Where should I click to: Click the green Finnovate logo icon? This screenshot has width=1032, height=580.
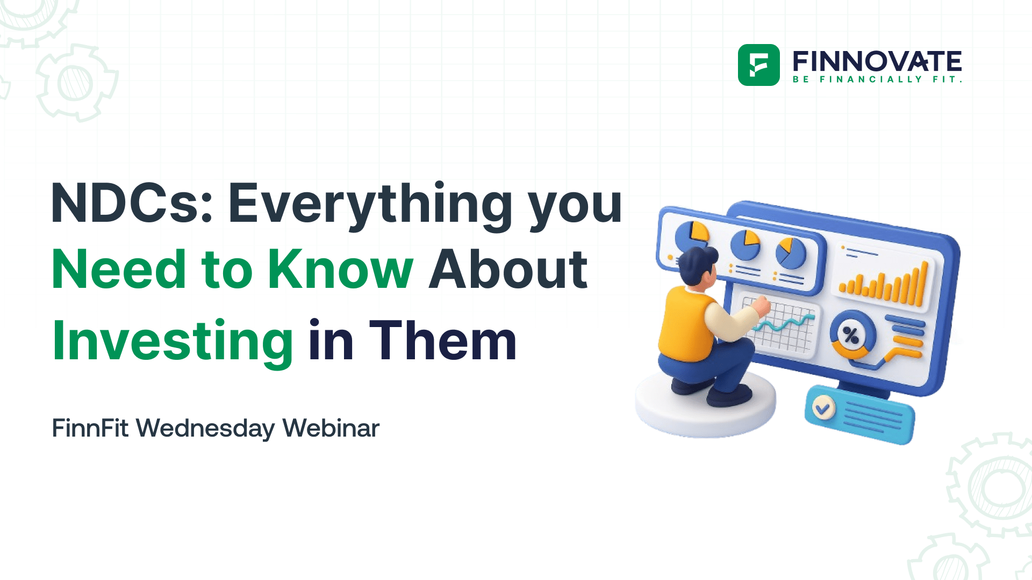[758, 65]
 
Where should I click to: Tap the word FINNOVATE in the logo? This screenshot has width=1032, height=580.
[877, 61]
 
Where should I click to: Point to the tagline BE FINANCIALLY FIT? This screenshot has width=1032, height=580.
[877, 79]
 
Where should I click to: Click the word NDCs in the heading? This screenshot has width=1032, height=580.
[131, 204]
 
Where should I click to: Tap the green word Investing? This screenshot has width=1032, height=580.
[173, 342]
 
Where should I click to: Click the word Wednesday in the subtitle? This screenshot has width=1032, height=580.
[205, 428]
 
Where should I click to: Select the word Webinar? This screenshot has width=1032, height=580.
[331, 428]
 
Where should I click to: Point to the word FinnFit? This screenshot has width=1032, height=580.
[90, 428]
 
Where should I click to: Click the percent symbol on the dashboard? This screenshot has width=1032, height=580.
[851, 336]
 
